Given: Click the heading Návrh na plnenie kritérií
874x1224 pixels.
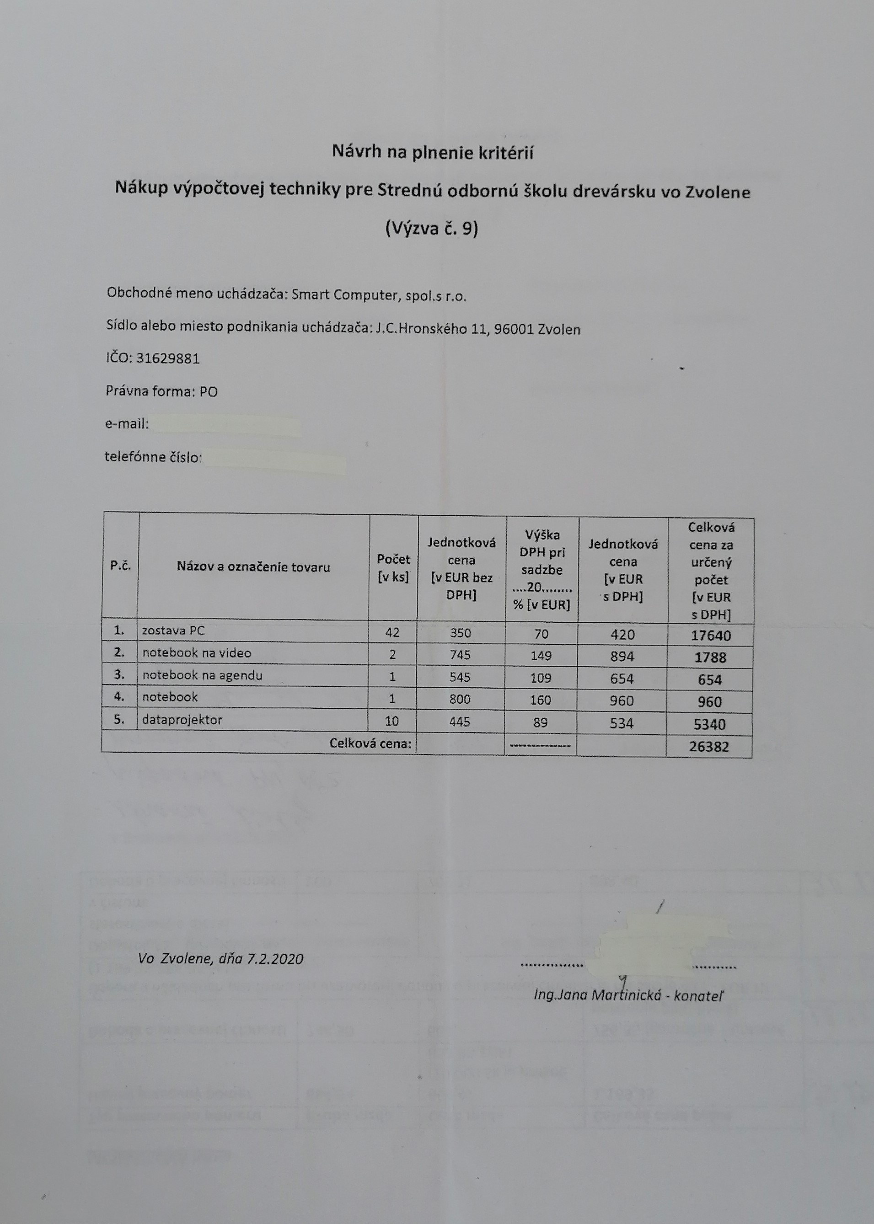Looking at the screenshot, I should click(x=432, y=153).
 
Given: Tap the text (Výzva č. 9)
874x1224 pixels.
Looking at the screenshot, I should click(x=432, y=229).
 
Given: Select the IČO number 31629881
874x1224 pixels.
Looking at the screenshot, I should click(x=168, y=359).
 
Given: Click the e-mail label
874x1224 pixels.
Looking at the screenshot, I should click(x=127, y=424).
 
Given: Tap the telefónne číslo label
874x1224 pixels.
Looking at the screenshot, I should click(x=153, y=457).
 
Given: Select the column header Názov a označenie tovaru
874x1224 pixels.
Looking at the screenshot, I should click(x=253, y=567).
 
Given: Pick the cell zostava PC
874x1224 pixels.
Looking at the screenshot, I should click(x=173, y=631).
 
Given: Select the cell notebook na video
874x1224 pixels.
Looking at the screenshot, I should click(x=197, y=652).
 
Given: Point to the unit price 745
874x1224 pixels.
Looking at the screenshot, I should click(x=461, y=655).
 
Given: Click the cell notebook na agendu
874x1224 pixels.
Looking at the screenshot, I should click(x=202, y=675).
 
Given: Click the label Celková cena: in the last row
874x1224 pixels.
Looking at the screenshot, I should click(x=370, y=744).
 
